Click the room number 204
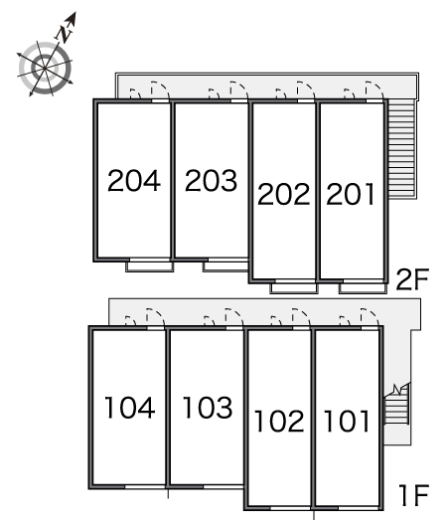coord(134,181)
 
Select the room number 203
coord(212,181)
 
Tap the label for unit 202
coord(284,194)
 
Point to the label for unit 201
coord(351,194)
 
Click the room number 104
coord(130,408)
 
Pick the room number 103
coord(208,408)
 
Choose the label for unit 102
coord(279,421)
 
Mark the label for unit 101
coord(347,421)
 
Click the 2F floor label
coord(413,279)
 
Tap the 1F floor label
coord(414,495)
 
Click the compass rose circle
coord(45,68)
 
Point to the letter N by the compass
coord(65,34)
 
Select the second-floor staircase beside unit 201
coord(401,149)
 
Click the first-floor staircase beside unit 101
coord(396,404)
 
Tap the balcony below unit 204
coord(150,266)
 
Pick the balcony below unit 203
coord(225,266)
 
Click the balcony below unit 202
coord(294,288)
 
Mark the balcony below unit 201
coord(363,288)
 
